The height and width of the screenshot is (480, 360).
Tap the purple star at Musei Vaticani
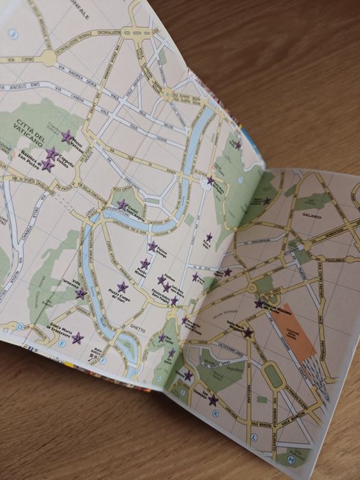67,136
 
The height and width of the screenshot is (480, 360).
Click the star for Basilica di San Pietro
47,165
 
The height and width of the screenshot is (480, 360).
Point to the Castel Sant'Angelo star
122,204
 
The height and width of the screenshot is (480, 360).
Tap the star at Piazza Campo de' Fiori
122,287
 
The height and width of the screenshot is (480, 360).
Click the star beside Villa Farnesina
81,294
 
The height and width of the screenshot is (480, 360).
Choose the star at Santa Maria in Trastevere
77,338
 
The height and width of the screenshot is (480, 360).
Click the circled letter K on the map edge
216,414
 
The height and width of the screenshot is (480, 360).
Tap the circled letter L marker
254,436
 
